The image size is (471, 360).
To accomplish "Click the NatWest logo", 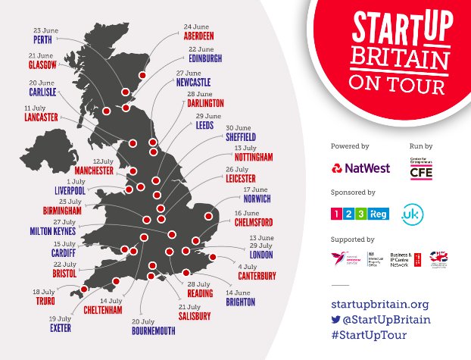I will coord(360,167).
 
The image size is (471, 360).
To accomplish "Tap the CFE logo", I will coord(420,171).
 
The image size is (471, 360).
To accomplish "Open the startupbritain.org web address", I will coord(380,304).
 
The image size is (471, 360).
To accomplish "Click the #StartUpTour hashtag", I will coord(369,334).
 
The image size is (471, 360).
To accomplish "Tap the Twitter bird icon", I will coord(336,319).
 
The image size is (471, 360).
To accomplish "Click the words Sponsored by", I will coord(353,193).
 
